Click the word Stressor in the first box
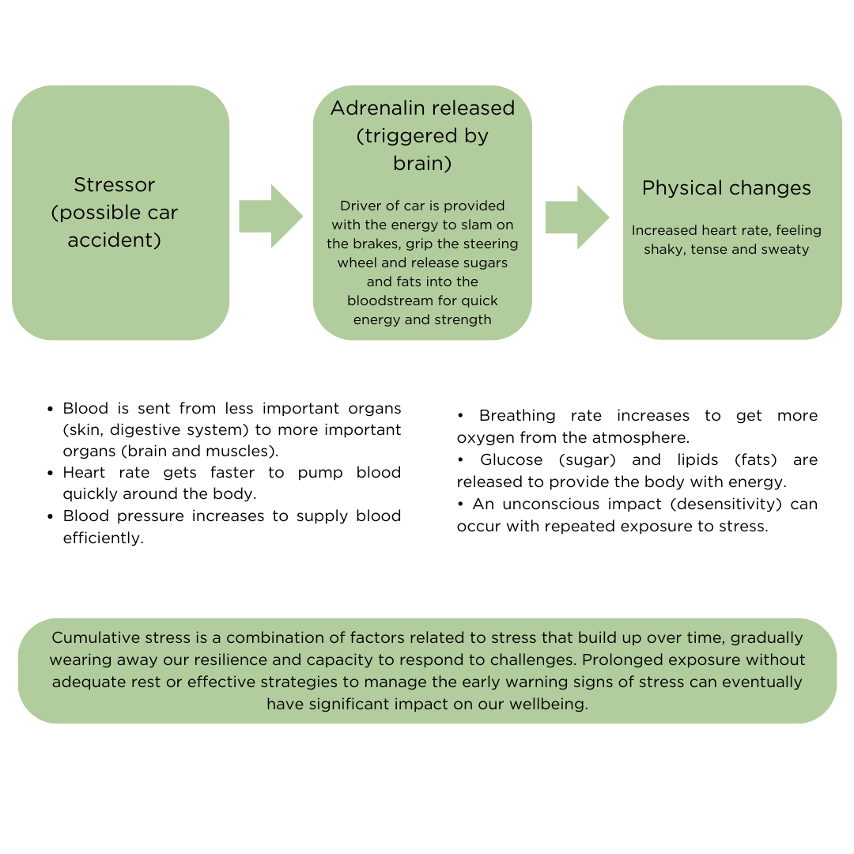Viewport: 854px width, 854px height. (x=114, y=185)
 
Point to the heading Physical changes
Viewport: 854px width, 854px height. (x=726, y=188)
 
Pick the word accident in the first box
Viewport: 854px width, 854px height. (x=114, y=240)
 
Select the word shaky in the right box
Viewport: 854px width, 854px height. (x=662, y=250)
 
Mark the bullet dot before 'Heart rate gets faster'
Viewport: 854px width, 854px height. (x=51, y=473)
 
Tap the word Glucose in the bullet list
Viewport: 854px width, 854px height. (x=511, y=460)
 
